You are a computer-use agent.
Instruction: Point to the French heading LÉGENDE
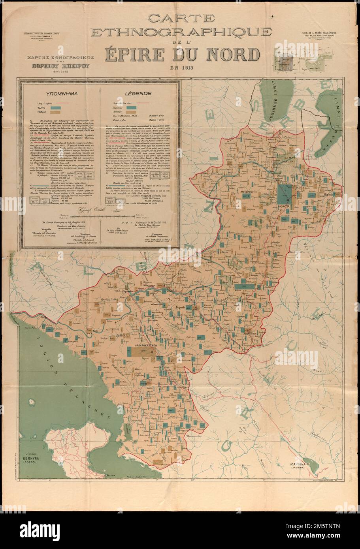coord(137,94)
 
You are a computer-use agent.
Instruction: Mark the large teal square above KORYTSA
coord(283,194)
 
